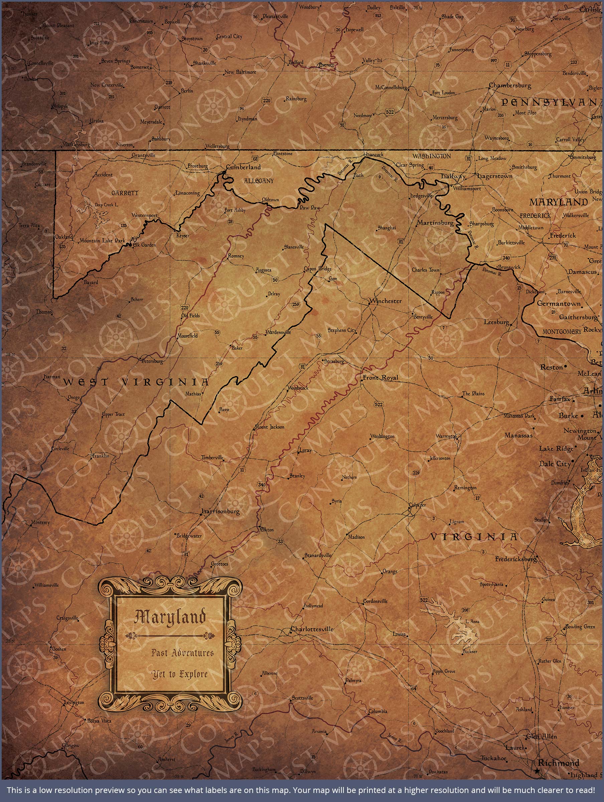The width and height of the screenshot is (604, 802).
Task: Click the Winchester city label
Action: (x=386, y=301)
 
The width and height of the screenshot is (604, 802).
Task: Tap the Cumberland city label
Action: (x=243, y=167)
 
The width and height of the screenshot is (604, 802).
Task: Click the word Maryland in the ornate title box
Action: (x=170, y=617)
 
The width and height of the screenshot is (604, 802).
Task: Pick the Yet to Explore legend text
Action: (x=180, y=674)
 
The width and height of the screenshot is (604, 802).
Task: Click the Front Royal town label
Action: (x=380, y=377)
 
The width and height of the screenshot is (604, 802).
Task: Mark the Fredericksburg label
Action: (x=515, y=559)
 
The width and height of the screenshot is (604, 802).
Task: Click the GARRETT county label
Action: (x=125, y=193)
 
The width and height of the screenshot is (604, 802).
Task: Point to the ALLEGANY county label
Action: (x=259, y=181)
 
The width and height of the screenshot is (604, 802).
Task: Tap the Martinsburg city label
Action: (x=435, y=223)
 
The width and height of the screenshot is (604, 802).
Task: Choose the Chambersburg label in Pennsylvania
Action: (x=510, y=86)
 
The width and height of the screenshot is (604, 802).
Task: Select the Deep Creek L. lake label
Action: (x=106, y=205)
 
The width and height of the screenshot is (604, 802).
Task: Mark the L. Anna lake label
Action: (x=472, y=622)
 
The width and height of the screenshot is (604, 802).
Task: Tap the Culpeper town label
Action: (x=417, y=505)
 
